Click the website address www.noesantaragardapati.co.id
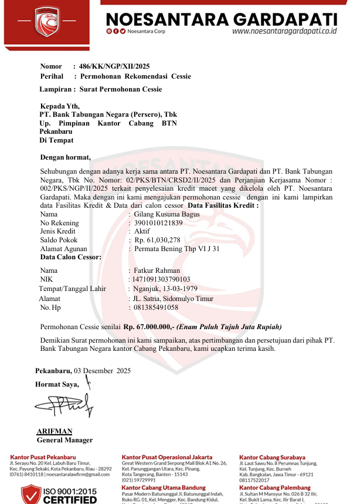tap(284, 31)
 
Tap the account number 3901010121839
tap(158, 223)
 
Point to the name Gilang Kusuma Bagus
tap(167, 214)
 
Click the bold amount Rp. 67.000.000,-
tap(150, 327)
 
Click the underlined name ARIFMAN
tap(55, 431)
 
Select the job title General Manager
tap(64, 440)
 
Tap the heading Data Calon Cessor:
tap(70, 257)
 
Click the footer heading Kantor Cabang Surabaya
tap(272, 457)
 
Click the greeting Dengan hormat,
tap(65, 157)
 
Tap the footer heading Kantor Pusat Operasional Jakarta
tap(167, 457)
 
